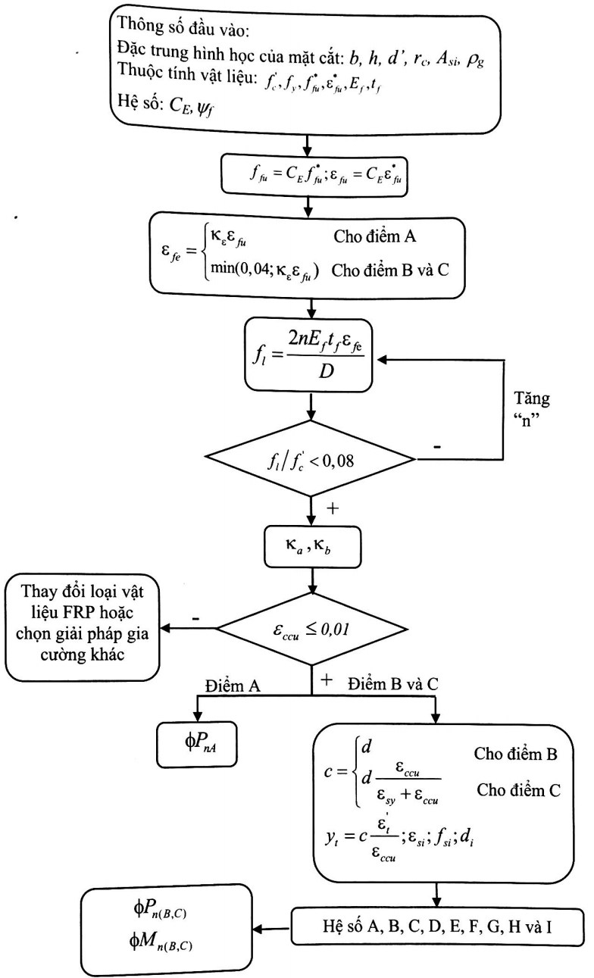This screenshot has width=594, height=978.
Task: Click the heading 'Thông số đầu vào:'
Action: tap(183, 27)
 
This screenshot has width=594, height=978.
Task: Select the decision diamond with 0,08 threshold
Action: tap(310, 458)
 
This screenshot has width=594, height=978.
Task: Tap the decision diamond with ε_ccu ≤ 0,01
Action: tap(312, 630)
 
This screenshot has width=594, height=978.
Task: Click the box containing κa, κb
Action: tap(312, 547)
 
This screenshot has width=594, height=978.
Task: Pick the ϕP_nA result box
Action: tap(197, 744)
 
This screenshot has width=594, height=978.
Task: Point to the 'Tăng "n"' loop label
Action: tap(531, 408)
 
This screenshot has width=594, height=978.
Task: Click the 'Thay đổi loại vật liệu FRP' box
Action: tap(82, 627)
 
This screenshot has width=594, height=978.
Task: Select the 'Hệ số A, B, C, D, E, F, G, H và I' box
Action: tap(437, 926)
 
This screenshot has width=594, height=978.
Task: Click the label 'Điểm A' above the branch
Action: tap(233, 686)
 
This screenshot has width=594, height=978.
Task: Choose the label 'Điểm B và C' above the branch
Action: tap(393, 684)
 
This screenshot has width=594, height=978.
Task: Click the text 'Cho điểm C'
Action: tap(518, 790)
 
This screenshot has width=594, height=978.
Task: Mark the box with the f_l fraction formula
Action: tap(308, 355)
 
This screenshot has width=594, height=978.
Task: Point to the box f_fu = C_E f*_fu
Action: tap(314, 175)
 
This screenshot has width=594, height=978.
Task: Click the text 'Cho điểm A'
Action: tap(375, 236)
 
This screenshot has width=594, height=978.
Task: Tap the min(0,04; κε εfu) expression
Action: tap(264, 270)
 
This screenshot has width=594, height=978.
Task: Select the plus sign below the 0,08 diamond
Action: tap(333, 508)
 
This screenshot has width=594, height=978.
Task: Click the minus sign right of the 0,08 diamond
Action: tap(436, 447)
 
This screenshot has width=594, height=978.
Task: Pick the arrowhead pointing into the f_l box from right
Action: tap(382, 360)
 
